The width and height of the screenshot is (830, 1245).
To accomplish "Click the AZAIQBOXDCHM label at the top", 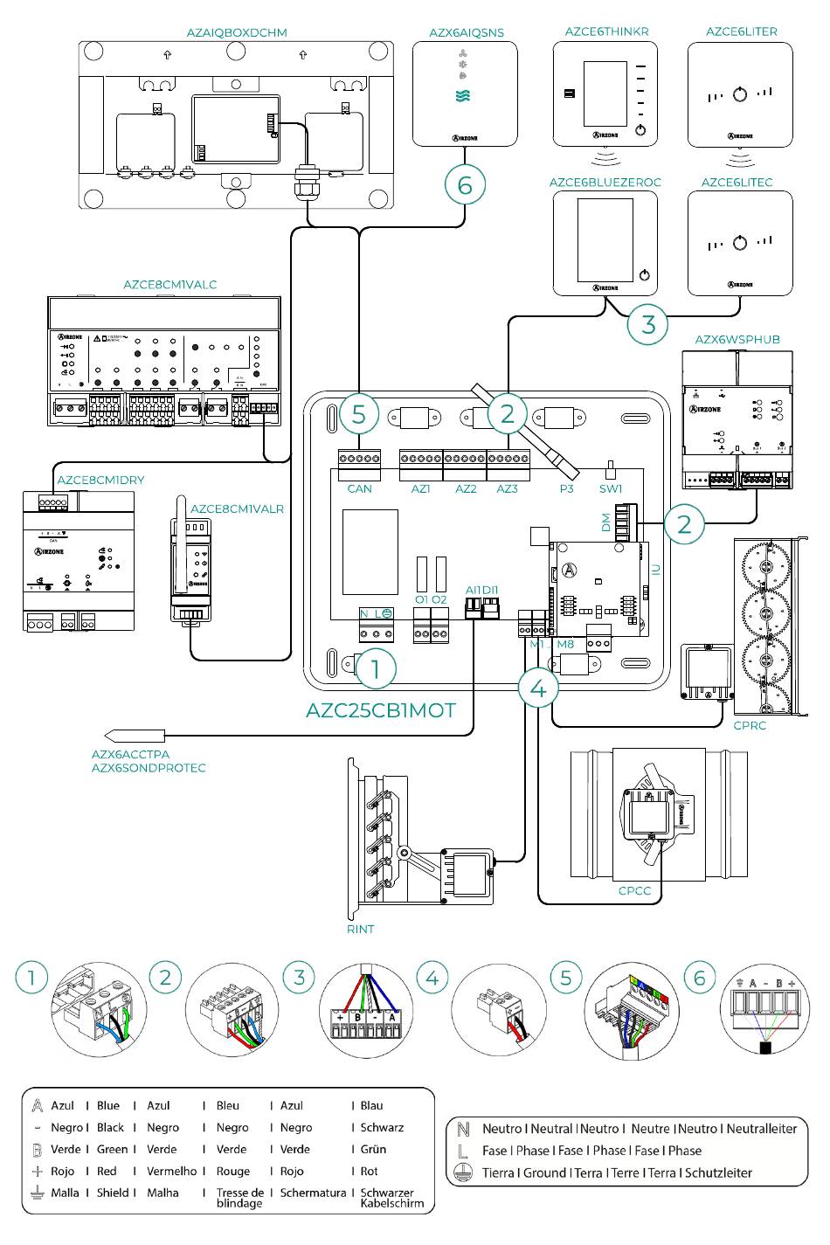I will coord(236,32).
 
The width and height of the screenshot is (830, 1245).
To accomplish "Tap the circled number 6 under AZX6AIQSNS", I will coord(465,184).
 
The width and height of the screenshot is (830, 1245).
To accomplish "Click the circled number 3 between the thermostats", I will coord(648,324).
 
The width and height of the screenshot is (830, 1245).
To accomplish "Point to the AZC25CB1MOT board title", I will coord(381,710).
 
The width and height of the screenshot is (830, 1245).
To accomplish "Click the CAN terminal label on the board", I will coord(359,489).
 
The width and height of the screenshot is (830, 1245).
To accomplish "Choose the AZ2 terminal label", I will coord(466,489).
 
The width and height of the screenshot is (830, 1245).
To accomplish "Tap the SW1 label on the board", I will coord(611,489).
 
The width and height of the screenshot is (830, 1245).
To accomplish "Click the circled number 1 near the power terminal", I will coord(376,669).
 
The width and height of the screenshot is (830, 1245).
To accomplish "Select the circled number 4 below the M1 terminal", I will coord(538,688).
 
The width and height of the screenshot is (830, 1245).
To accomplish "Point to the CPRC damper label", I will coord(750,725).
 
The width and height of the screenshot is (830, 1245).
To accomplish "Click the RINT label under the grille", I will coord(360,929).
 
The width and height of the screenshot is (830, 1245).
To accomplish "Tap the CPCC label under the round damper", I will coord(635,891).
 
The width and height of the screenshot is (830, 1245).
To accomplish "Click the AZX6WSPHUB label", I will coord(737,339).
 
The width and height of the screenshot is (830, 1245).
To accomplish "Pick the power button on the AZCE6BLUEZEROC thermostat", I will coord(644,274).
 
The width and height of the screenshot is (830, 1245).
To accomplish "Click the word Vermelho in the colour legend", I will coord(172,1171).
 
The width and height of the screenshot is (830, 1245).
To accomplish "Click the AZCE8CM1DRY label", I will coord(100,480).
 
